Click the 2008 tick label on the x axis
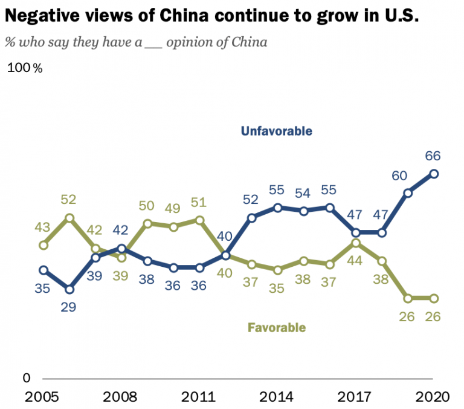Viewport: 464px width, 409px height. coord(121,398)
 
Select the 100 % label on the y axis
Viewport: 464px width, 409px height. coord(25,68)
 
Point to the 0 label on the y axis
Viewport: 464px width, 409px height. coord(25,378)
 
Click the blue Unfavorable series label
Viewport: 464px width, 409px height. coord(276,131)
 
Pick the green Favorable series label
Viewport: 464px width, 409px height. coord(277,328)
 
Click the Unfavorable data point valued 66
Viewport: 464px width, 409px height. coord(434,174)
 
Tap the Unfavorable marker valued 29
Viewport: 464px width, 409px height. coord(69,289)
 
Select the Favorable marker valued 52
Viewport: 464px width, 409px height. coord(69,218)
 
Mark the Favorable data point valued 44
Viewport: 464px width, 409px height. coord(356,243)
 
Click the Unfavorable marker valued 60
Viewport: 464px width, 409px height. coord(408,193)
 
